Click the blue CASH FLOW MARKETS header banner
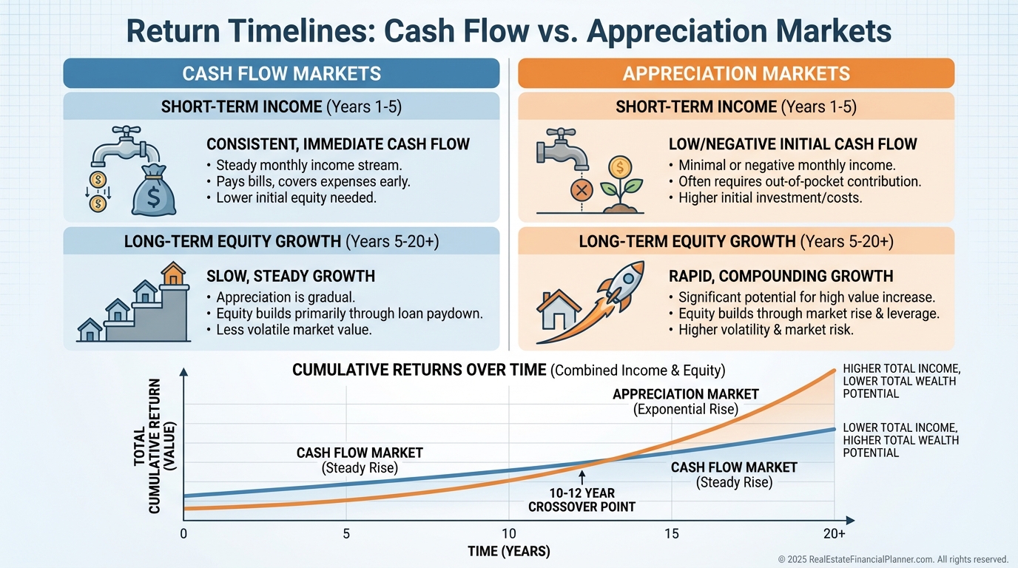click(x=281, y=73)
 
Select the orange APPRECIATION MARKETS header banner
click(x=736, y=73)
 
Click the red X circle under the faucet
click(x=582, y=190)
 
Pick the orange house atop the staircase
click(x=173, y=274)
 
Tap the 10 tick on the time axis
click(x=508, y=533)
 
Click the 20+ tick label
click(x=835, y=533)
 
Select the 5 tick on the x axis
click(x=346, y=533)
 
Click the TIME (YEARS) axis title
click(x=509, y=551)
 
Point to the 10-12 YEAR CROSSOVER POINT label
click(x=582, y=500)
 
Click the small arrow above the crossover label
click(x=582, y=478)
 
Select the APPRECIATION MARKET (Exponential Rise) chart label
click(x=686, y=402)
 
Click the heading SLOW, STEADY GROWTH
click(x=291, y=277)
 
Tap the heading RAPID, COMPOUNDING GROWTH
click(x=781, y=277)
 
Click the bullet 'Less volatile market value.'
click(x=294, y=329)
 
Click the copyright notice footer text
click(x=893, y=559)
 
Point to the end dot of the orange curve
click(x=835, y=371)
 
